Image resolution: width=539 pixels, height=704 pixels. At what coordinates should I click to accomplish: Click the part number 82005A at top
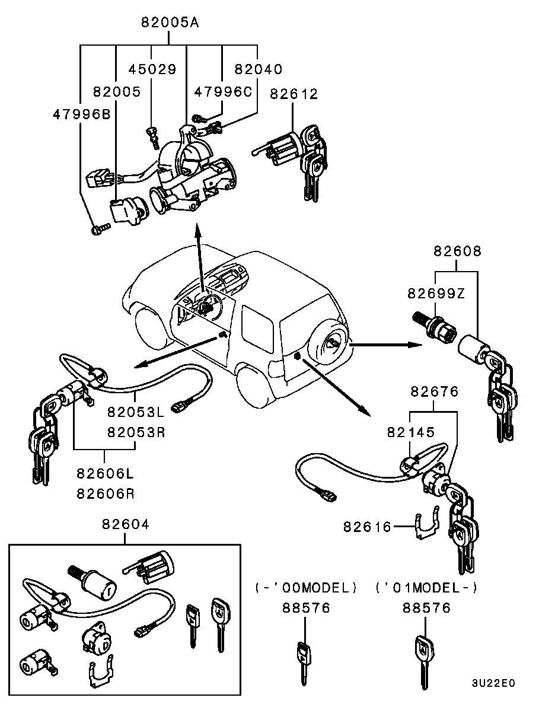pyautogui.click(x=170, y=23)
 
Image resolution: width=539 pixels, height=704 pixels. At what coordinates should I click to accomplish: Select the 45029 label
pyautogui.click(x=152, y=69)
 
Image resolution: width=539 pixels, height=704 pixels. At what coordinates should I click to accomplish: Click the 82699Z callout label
pyautogui.click(x=436, y=293)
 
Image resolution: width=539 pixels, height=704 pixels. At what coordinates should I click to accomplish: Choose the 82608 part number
pyautogui.click(x=457, y=251)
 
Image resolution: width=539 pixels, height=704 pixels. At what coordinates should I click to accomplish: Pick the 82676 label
pyautogui.click(x=435, y=391)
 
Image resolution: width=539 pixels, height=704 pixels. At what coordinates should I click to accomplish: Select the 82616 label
pyautogui.click(x=367, y=526)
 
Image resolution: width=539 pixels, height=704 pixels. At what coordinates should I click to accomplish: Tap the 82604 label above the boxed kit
pyautogui.click(x=125, y=524)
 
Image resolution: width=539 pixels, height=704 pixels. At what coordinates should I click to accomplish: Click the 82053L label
pyautogui.click(x=136, y=411)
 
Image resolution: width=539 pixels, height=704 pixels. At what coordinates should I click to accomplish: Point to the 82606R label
pyautogui.click(x=104, y=492)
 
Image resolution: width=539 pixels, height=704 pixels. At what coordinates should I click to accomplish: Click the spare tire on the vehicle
pyautogui.click(x=330, y=343)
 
